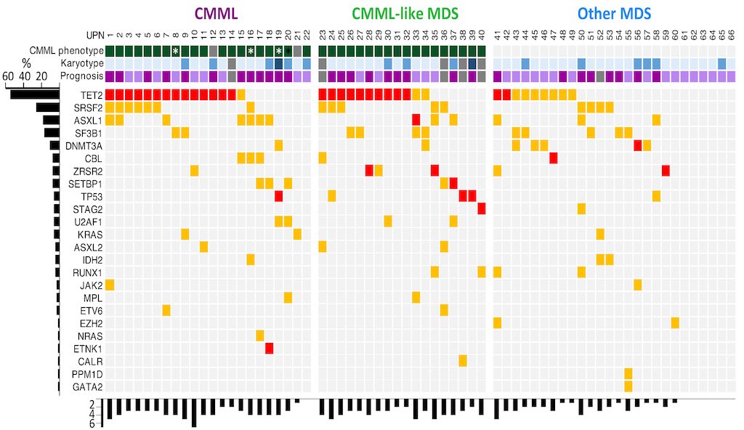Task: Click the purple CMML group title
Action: point(217,12)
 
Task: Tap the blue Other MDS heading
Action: point(614,12)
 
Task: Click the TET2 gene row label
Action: point(91,94)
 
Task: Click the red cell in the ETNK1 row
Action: point(269,348)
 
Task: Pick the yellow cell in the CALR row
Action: point(463,360)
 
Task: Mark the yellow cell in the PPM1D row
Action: point(628,373)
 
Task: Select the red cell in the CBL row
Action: point(554,158)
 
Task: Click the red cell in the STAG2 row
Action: point(482,208)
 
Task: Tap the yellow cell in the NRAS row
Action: point(259,335)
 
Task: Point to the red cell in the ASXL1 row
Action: point(416,120)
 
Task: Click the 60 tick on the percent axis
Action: point(8,76)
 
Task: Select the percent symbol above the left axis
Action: point(27,64)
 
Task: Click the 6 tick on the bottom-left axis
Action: point(92,423)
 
